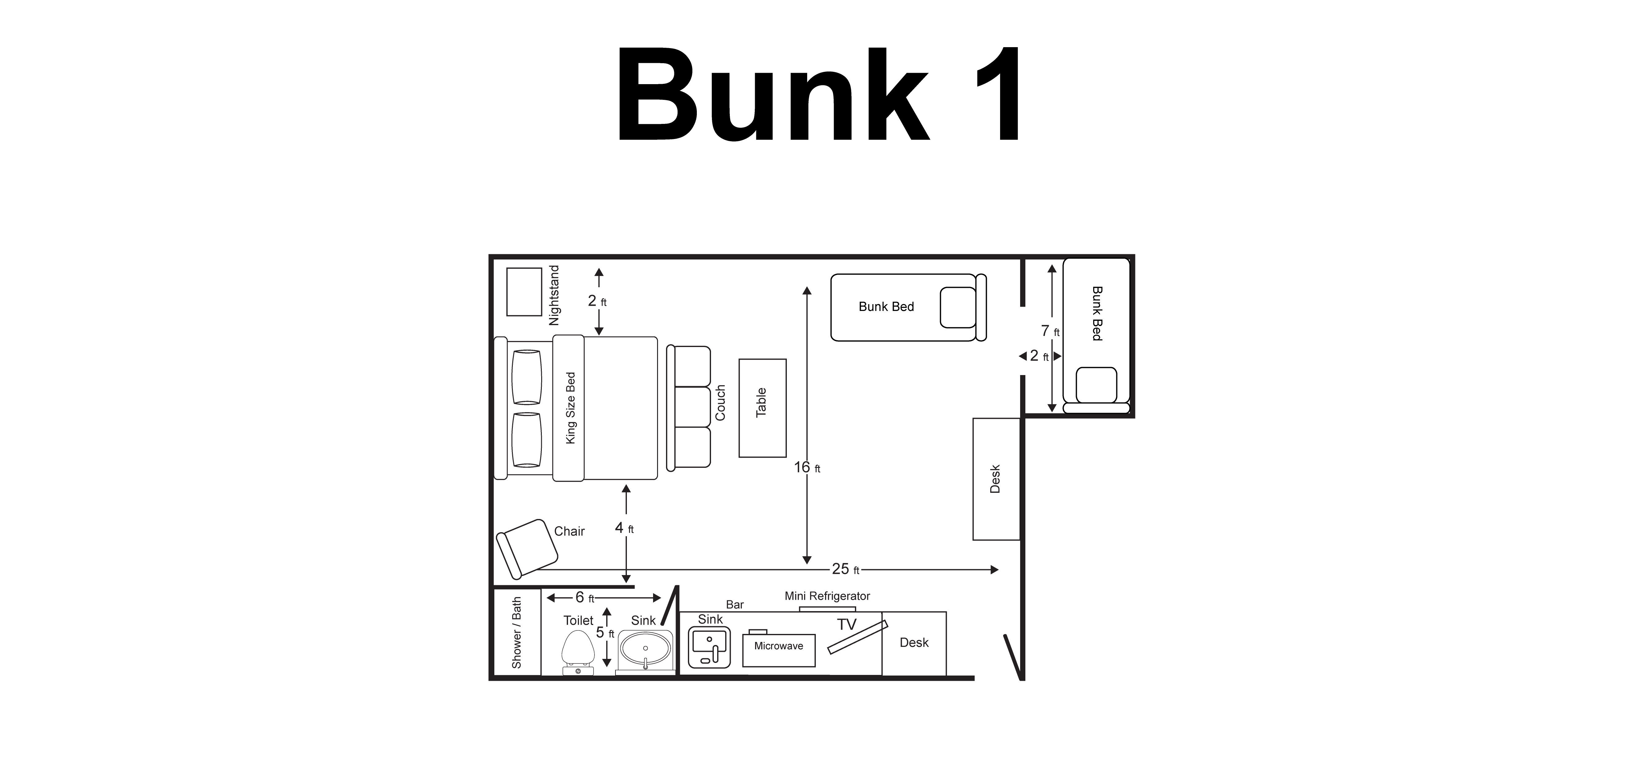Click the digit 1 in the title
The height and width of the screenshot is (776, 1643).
coord(998,94)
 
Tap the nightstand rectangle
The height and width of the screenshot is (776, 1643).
coord(524,292)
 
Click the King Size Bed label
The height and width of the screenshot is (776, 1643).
coord(571,408)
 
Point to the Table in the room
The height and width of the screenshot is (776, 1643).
coord(763,408)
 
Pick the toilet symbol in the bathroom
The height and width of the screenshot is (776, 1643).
coord(578,653)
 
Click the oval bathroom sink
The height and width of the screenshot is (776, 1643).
coord(645,650)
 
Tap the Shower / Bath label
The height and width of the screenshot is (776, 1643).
coord(517,632)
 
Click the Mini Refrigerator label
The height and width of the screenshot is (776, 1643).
coord(827,596)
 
